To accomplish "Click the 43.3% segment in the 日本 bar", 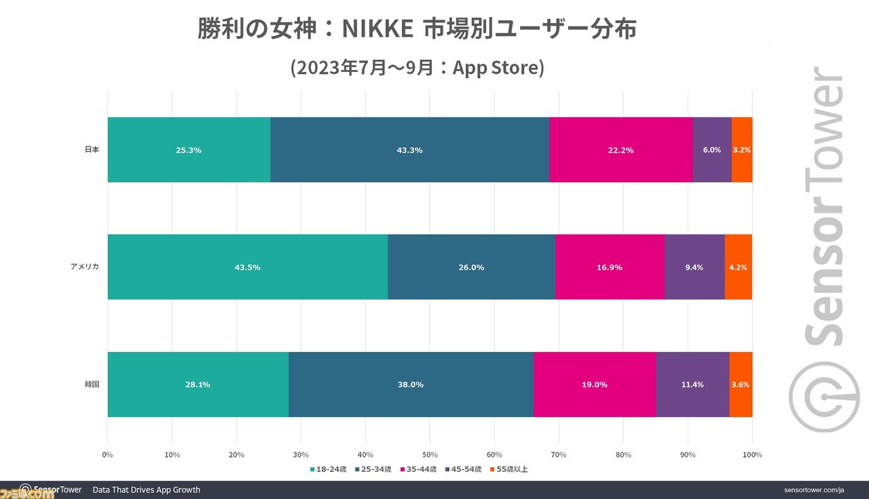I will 409,150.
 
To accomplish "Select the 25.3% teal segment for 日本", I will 189,150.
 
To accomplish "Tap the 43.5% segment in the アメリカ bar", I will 247,267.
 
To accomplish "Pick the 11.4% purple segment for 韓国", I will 692,384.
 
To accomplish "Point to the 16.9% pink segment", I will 609,267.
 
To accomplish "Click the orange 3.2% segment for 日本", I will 741,150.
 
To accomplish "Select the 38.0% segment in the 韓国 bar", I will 411,384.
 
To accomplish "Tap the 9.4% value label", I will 694,267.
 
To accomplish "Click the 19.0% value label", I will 594,384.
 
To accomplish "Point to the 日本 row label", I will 92,150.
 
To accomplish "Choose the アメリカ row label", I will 86,267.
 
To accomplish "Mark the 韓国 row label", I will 92,384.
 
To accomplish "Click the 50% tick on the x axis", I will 430,454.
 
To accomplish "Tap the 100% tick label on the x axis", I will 752,454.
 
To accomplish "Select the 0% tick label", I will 107,454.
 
